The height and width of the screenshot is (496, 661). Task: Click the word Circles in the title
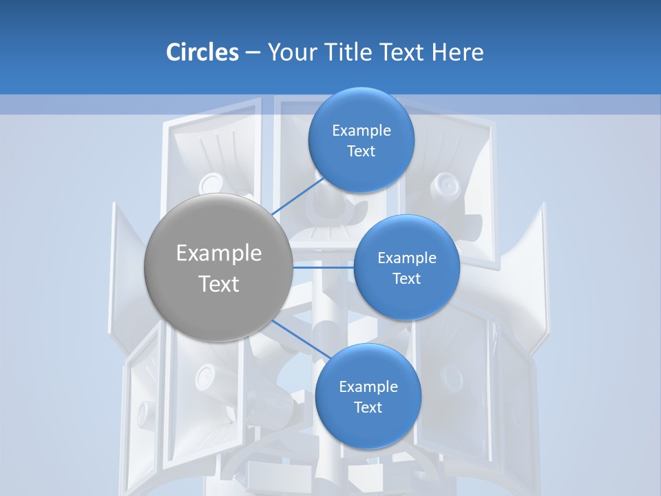point(202,52)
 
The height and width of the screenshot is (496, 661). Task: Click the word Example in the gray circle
point(218,254)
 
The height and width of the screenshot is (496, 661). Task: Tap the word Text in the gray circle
point(218,284)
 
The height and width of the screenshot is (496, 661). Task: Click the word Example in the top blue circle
point(361,131)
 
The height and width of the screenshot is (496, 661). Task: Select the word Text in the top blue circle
point(361,152)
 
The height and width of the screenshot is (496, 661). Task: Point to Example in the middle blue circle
point(407,258)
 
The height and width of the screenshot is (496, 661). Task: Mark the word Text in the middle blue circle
point(407,279)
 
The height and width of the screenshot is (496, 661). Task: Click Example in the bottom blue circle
point(368,387)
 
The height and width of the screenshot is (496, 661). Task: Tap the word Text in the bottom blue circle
point(368,408)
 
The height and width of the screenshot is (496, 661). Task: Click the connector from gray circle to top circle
point(298,196)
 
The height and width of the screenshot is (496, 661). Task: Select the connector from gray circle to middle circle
point(324,267)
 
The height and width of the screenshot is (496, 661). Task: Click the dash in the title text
point(252,53)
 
